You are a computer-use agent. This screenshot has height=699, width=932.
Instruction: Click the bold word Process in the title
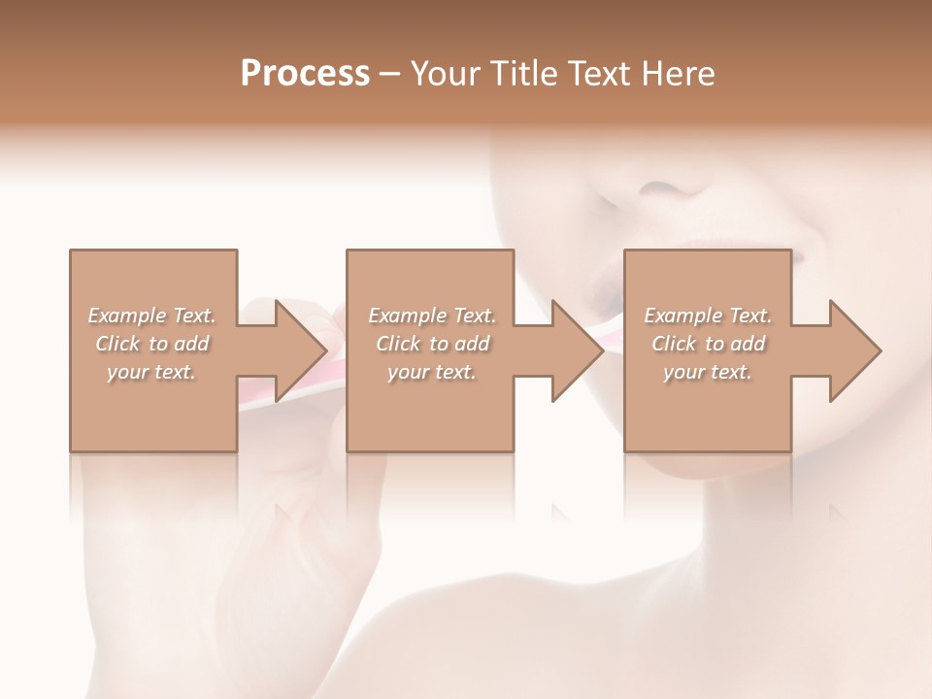click(305, 74)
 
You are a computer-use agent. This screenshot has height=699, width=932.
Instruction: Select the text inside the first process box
click(152, 344)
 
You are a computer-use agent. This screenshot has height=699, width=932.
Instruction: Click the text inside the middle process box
click(432, 344)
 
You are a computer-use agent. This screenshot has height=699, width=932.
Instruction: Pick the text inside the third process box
click(708, 344)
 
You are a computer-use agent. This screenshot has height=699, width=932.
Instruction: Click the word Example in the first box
click(127, 316)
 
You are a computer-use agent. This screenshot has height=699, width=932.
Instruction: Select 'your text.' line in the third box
click(708, 372)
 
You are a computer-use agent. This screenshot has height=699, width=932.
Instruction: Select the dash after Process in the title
click(390, 74)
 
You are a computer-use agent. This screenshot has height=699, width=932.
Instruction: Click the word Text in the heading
click(596, 74)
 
